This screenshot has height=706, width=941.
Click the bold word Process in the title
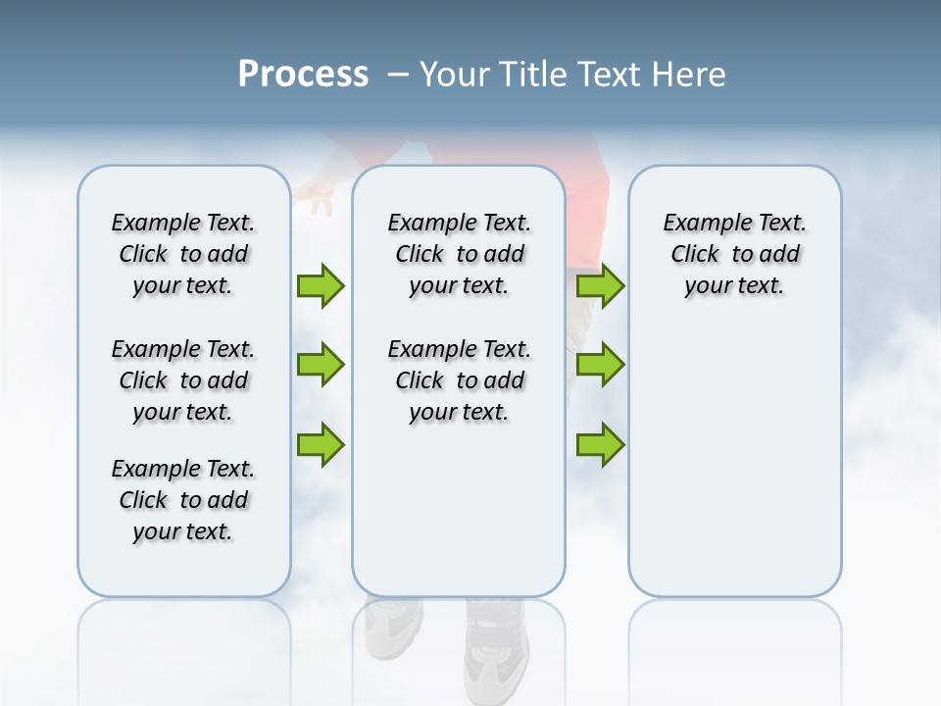coord(303,74)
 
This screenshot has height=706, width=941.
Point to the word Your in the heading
coord(456,75)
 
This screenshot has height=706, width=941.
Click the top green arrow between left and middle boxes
coord(321,286)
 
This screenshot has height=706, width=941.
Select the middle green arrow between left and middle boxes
coord(321,365)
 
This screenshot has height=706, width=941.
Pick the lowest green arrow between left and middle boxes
coord(321,445)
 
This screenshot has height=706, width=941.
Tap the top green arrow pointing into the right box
coord(600,286)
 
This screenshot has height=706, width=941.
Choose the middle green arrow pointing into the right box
coord(600,365)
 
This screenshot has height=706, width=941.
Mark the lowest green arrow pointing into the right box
coord(600,445)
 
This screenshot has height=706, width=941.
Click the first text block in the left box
coord(183,254)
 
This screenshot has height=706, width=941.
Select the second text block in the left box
coord(183,380)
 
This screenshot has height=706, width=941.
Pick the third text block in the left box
coord(183,500)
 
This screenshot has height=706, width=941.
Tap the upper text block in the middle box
coord(459,254)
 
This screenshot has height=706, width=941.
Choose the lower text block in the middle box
coord(459,380)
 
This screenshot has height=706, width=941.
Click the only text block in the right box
coord(734,254)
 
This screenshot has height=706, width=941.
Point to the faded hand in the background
coord(317,198)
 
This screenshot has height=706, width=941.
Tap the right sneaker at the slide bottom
coord(496,647)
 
